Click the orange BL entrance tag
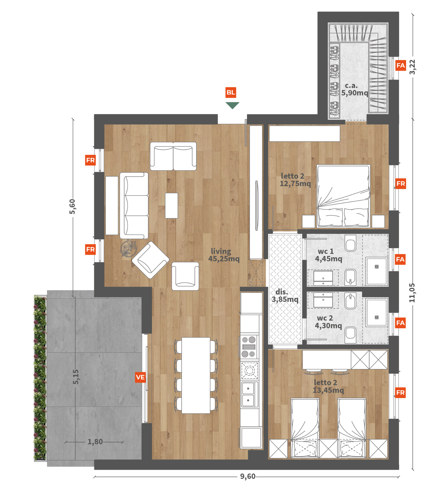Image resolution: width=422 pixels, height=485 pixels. click(x=231, y=92)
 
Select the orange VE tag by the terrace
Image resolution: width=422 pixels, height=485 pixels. click(x=140, y=377)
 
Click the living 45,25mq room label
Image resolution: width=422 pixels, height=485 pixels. click(x=224, y=255)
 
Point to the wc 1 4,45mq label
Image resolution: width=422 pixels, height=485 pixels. click(x=329, y=255)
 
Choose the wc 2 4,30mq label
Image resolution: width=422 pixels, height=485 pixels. click(x=328, y=322)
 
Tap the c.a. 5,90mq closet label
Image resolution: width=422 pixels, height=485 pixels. click(x=355, y=89)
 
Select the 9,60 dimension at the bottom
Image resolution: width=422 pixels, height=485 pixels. click(x=248, y=476)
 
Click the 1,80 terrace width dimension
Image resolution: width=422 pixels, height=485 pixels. click(x=95, y=442)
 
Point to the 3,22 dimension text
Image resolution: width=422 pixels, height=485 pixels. click(x=412, y=67)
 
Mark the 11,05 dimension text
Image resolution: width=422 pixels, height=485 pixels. click(x=412, y=293)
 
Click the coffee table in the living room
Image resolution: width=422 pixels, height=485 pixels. click(x=171, y=206)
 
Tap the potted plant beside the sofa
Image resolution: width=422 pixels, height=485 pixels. click(x=129, y=248)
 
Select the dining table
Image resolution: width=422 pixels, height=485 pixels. click(x=196, y=375)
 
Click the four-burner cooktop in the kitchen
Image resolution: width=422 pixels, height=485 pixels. click(x=249, y=347)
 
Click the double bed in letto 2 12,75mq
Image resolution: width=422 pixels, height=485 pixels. click(x=343, y=196)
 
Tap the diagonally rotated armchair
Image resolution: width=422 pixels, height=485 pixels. click(x=151, y=260)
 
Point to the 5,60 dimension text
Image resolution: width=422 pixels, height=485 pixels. click(x=72, y=207)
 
